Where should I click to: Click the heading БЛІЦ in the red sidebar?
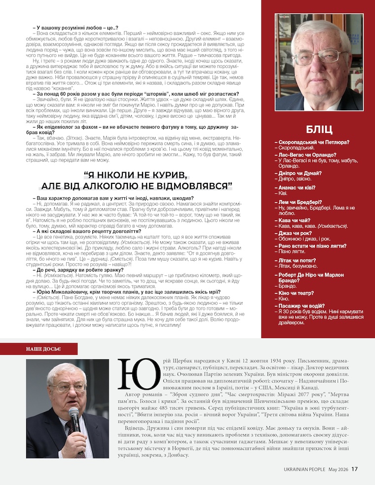319,129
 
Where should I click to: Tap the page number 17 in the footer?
354,469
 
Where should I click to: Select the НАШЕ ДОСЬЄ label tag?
43,349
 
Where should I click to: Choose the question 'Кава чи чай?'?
294,220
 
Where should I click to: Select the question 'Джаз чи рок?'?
295,233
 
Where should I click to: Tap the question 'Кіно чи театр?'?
298,293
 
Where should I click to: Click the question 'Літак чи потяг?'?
298,260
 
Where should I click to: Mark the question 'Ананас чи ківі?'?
298,188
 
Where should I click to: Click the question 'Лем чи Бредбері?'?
300,202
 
